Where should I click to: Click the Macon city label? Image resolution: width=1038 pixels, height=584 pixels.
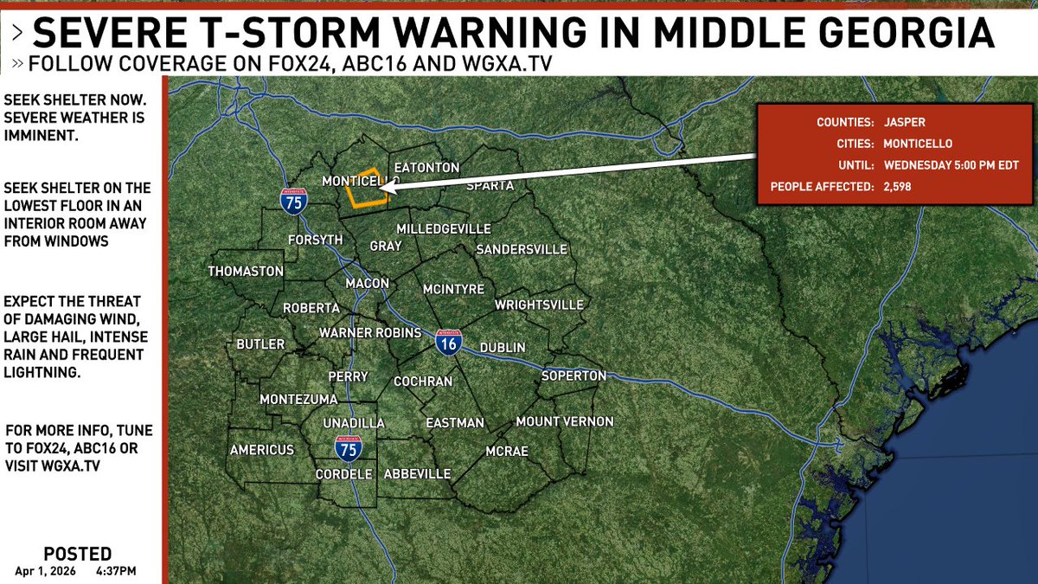[367, 284]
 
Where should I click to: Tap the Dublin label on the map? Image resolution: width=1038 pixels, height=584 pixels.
[503, 347]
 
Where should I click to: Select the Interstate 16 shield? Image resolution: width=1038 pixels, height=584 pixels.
[448, 343]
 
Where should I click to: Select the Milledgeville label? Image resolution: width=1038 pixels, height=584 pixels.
[444, 228]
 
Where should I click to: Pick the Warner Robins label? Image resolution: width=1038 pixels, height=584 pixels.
[370, 333]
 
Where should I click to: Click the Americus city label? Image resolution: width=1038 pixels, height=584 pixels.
[262, 450]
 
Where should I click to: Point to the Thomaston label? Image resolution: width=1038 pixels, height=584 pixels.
[246, 272]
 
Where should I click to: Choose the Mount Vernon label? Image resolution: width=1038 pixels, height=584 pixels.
[564, 421]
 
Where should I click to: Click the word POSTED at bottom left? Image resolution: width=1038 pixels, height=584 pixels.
[77, 555]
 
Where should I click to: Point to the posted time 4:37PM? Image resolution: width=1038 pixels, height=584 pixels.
[116, 571]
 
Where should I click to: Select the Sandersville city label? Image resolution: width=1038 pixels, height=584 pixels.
[522, 249]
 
